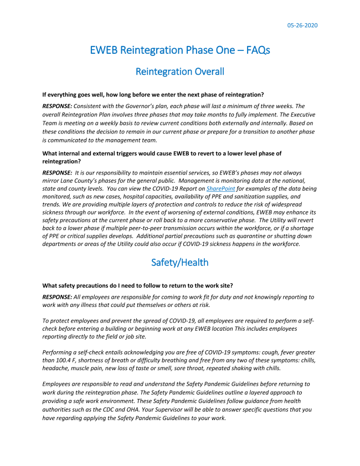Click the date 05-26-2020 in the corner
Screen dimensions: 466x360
point(302,25)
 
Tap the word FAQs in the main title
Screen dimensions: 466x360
point(253,50)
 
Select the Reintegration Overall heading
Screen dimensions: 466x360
point(180,71)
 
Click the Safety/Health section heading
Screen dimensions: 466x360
point(180,262)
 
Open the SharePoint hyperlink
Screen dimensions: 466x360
point(220,189)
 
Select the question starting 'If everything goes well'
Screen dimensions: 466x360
point(153,94)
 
